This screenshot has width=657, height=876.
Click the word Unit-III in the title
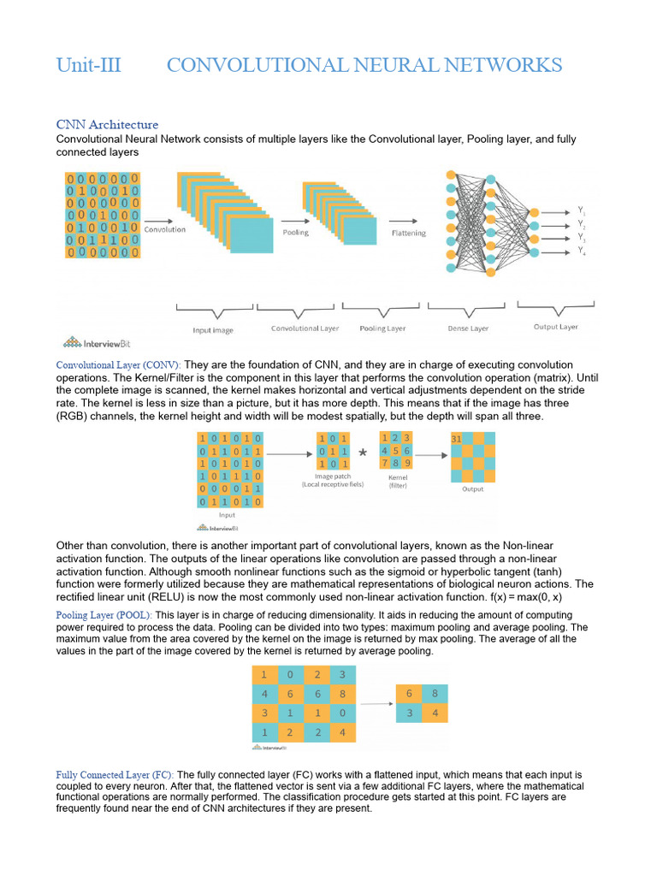(x=88, y=65)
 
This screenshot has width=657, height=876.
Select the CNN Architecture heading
(x=107, y=125)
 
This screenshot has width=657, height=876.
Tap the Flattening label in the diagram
(x=408, y=233)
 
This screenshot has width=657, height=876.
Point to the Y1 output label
(x=581, y=210)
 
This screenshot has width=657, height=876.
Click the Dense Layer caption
(x=468, y=328)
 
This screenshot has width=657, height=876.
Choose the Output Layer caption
(x=557, y=327)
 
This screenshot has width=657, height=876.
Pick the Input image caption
(x=213, y=330)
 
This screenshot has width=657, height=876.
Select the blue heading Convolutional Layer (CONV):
(x=119, y=364)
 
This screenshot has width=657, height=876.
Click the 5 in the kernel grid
(x=396, y=451)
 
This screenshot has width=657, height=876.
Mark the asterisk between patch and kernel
(x=363, y=453)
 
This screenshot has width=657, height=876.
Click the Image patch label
(x=333, y=480)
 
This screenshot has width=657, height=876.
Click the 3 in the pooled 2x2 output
(x=410, y=713)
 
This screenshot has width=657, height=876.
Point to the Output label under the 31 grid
(x=472, y=489)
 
